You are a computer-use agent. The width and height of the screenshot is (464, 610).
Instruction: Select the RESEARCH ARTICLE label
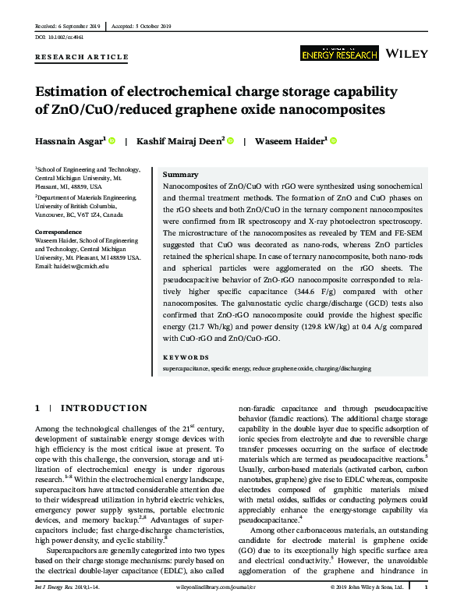tap(82, 57)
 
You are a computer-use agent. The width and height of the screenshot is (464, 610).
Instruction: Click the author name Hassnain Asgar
tap(68, 141)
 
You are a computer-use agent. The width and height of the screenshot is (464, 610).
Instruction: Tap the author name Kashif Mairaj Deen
tap(180, 141)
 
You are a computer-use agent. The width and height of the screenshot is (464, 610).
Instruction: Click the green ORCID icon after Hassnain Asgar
tap(112, 141)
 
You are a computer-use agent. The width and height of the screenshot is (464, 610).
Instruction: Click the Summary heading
tap(179, 175)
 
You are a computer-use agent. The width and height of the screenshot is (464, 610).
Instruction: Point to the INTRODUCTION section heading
tap(104, 408)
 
